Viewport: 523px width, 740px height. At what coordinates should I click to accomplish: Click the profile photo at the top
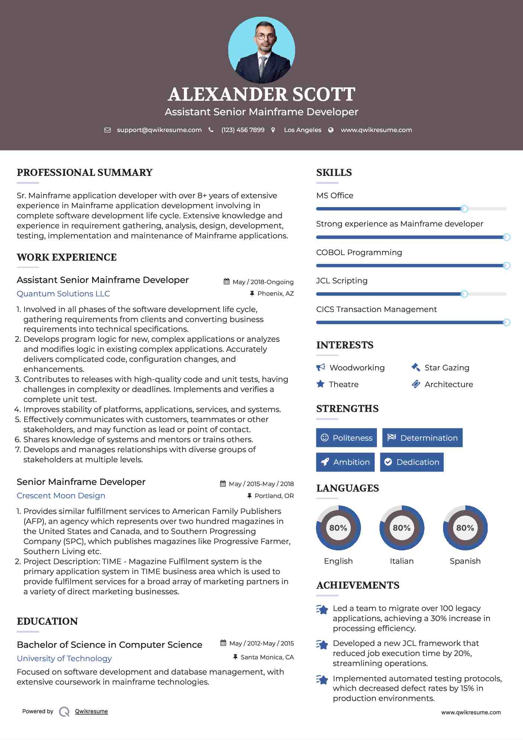pos(261,50)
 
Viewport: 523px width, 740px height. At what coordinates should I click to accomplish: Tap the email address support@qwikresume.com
pos(159,130)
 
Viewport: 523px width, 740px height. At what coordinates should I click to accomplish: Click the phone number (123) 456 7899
pos(243,130)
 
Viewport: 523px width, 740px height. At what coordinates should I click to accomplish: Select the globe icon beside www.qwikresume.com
pos(331,130)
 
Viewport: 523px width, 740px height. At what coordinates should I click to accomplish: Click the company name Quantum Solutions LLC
pos(63,294)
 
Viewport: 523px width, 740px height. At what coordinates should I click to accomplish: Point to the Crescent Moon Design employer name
pos(61,496)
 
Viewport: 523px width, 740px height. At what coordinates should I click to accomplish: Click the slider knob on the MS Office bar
pos(464,209)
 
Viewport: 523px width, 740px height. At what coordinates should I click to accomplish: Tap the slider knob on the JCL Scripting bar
pos(464,294)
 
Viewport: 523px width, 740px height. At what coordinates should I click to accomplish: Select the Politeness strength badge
pos(346,438)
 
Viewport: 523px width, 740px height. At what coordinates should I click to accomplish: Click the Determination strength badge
pos(422,438)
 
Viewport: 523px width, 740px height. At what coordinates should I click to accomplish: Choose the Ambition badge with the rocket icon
pos(345,462)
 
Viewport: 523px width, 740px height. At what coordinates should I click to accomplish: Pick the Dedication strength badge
pos(411,462)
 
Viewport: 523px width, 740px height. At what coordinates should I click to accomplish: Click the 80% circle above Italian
pos(401,528)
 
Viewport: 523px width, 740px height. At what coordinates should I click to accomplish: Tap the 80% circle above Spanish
pos(465,528)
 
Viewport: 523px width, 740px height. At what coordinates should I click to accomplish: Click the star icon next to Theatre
pos(320,384)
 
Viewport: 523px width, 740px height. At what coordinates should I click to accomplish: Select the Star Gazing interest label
pos(447,368)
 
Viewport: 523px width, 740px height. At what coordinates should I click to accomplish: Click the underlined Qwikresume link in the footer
pos(91,711)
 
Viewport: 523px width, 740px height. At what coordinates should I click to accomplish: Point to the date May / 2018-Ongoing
pos(263,282)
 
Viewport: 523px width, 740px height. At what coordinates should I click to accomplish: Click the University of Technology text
pos(64,659)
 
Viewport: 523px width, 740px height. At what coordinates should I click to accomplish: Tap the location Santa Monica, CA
pos(267,657)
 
